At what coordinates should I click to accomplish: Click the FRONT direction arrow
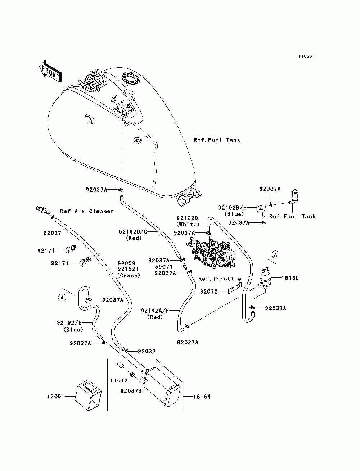point(50,71)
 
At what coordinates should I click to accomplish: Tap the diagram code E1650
point(305,56)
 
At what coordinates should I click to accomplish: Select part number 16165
point(290,278)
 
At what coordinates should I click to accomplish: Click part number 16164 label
point(202,397)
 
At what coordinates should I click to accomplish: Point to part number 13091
point(56,396)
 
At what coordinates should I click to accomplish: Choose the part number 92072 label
point(209,291)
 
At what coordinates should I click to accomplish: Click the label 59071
point(164,267)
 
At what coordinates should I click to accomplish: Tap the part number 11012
point(119,380)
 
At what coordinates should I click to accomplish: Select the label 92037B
point(131,391)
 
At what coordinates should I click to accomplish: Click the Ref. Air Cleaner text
point(87,211)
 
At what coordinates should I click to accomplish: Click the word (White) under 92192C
point(188,225)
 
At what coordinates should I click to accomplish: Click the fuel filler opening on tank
point(131,77)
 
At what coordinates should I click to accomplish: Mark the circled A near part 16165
point(275,255)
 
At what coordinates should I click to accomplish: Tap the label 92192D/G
point(133,231)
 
